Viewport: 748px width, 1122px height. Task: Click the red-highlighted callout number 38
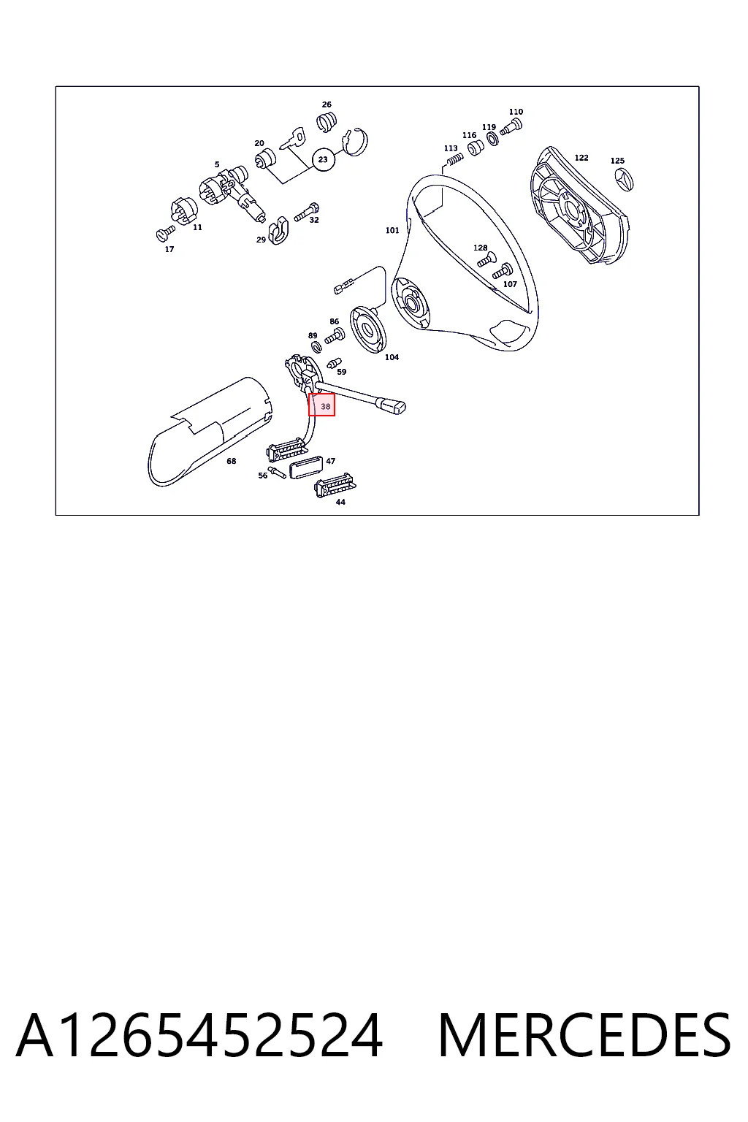click(x=326, y=407)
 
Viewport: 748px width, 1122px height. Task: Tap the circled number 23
click(x=323, y=160)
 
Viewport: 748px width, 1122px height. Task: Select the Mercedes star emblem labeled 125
click(x=624, y=180)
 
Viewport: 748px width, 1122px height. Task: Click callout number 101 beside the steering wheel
click(x=392, y=230)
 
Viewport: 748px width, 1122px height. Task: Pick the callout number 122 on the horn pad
click(x=581, y=158)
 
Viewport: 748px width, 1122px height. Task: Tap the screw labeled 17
click(x=165, y=233)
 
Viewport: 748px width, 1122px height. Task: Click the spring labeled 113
click(x=454, y=159)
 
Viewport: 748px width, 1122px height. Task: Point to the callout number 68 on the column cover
click(x=231, y=461)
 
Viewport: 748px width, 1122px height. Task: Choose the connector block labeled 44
click(x=334, y=486)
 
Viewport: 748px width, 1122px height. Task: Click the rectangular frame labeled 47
click(x=305, y=467)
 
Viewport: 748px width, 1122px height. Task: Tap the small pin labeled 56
click(x=277, y=473)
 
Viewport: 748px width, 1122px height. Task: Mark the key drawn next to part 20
click(x=291, y=138)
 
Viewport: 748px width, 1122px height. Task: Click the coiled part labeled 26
click(x=327, y=122)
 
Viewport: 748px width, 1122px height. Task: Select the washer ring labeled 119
click(x=492, y=139)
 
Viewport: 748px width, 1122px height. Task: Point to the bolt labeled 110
click(x=511, y=126)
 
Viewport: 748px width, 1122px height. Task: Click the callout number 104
click(x=392, y=357)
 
